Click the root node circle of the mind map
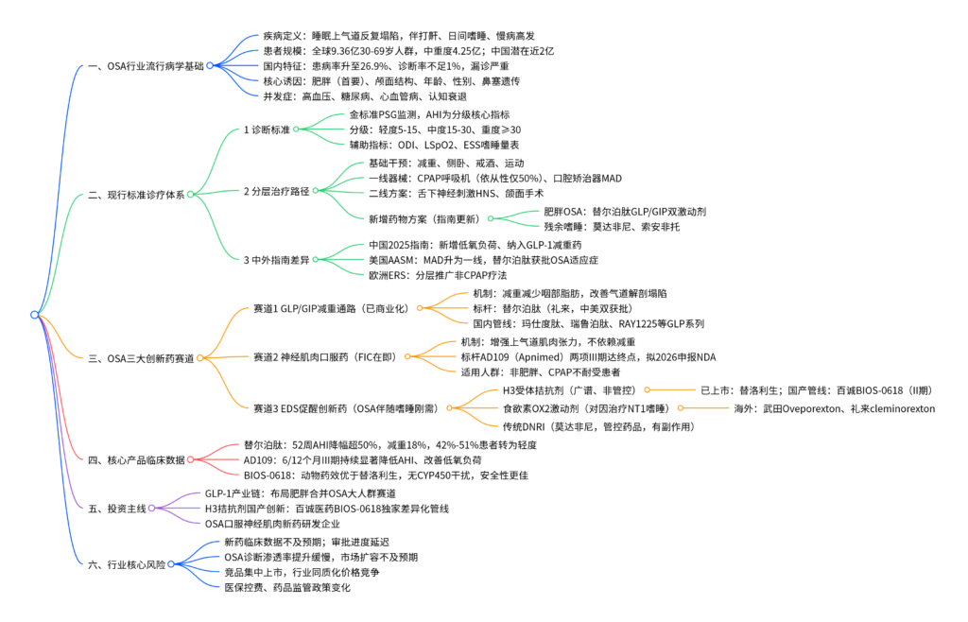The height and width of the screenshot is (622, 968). pos(35,315)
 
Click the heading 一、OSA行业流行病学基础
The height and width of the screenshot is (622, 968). pos(146,66)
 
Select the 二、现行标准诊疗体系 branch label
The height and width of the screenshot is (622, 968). pos(136,195)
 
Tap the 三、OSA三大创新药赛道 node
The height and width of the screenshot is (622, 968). pos(142,358)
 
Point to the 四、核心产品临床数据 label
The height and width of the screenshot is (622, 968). pos(136,460)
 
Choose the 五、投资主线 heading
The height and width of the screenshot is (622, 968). pos(117,509)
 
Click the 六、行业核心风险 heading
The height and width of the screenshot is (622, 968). pos(127,564)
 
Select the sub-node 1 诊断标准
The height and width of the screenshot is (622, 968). pos(267,130)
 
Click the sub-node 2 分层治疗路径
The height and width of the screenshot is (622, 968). pos(277,191)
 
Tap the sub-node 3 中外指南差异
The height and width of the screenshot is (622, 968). pos(277,260)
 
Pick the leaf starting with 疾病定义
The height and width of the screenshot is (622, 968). pos(399,36)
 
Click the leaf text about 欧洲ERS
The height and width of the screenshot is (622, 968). pos(438,275)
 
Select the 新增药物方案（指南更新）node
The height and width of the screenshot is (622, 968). pos(426,219)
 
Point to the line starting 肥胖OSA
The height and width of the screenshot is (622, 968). pos(625,212)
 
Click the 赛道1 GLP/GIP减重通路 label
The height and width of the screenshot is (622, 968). pos(332,308)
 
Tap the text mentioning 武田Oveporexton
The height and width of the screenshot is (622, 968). pos(834,408)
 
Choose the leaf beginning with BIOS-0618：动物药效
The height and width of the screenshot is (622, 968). pos(386,475)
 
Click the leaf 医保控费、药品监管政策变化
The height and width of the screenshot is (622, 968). pos(287,587)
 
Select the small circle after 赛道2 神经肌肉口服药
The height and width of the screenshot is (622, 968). pos(407,356)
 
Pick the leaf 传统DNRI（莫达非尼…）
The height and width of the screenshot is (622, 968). pos(598,426)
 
